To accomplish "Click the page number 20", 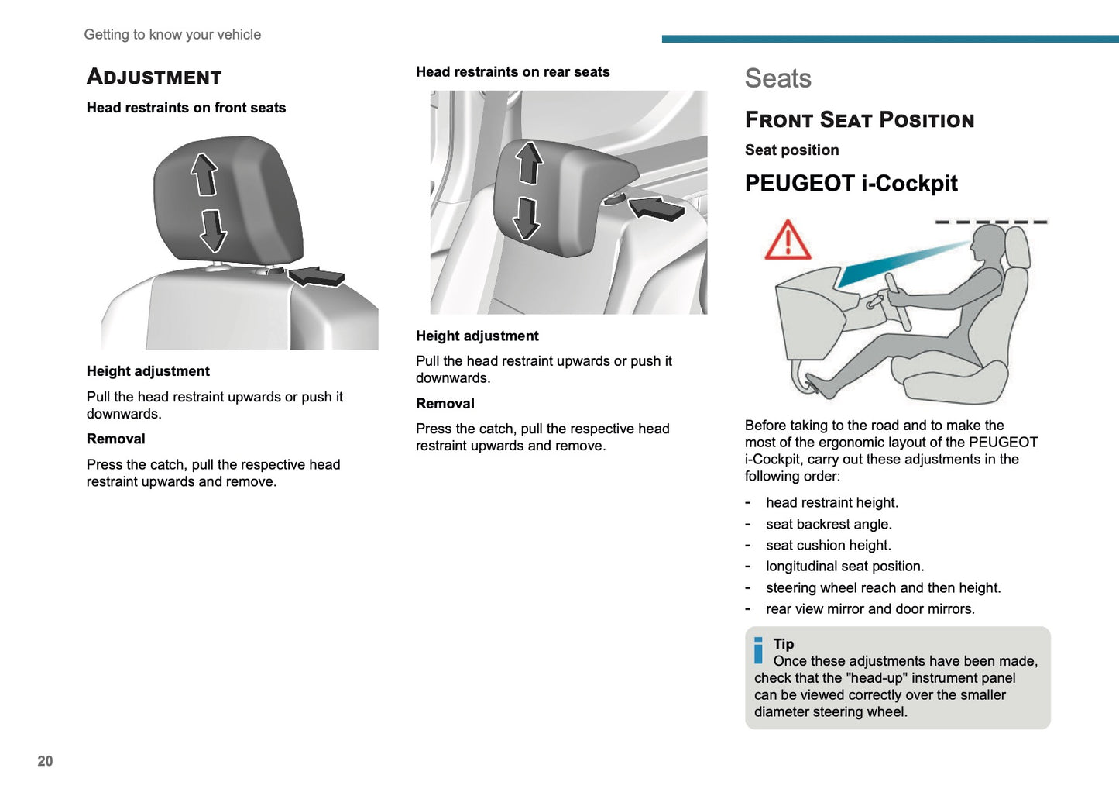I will pos(45,761).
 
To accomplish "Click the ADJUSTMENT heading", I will pos(154,77).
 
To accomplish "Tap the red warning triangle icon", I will pos(788,240).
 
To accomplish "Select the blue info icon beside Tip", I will pos(758,650).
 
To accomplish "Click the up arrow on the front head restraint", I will pos(204,174).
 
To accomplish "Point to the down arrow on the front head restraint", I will pos(213,230).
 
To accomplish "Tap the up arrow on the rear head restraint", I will pos(529,162).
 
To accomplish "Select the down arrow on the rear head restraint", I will pos(527,218).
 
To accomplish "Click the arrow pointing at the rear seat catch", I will pos(656,208).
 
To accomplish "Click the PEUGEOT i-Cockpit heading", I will pos(851,184).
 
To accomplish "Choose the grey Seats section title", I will pos(777,78).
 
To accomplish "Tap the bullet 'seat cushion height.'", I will pos(828,546).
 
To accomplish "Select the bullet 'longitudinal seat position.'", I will pos(844,567).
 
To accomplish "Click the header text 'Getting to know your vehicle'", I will pos(172,35).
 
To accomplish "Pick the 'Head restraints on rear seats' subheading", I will pos(513,72).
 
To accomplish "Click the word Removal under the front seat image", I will pos(116,439).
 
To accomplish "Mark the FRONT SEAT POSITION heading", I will pos(860,120).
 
